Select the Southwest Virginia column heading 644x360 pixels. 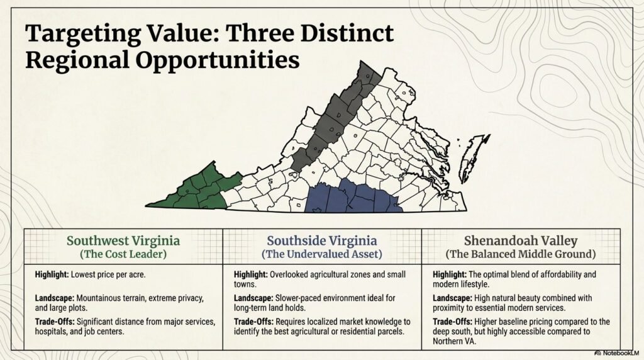point(123,241)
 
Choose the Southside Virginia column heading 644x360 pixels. point(322,241)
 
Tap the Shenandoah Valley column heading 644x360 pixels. point(520,241)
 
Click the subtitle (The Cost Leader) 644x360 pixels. point(123,255)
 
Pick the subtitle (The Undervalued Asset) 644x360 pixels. point(322,255)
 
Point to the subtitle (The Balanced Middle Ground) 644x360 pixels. point(520,255)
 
